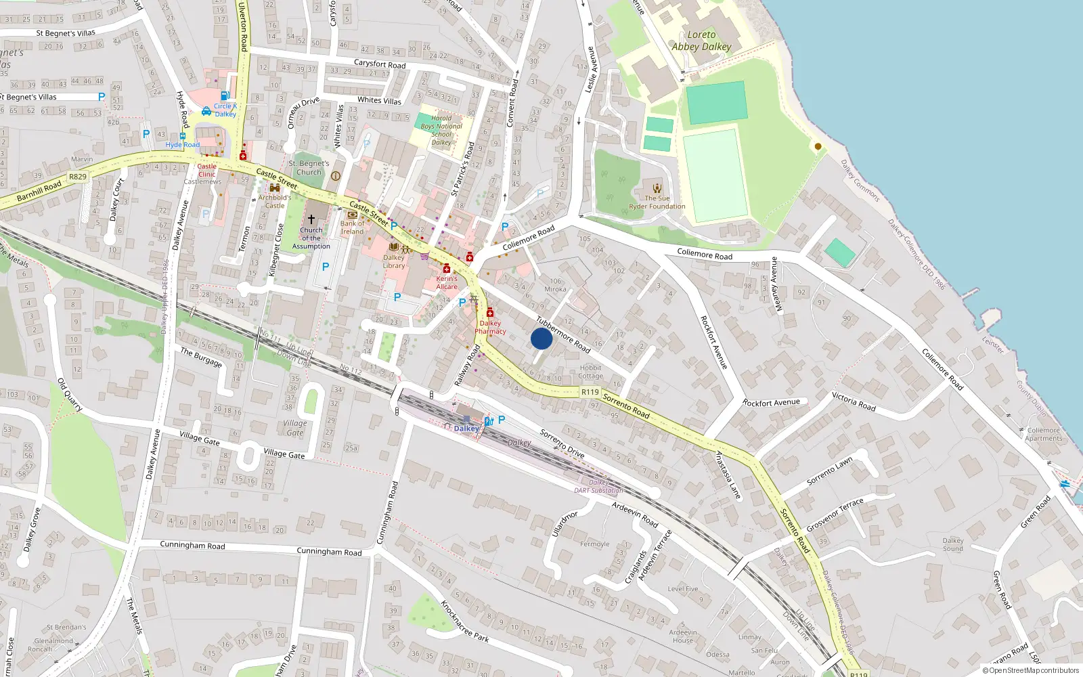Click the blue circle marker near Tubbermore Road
click(541, 338)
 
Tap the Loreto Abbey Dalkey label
click(701, 41)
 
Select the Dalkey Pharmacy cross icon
click(489, 313)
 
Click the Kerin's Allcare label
click(447, 282)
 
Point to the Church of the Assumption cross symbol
click(311, 219)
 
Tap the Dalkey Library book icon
click(393, 247)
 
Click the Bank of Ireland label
click(352, 227)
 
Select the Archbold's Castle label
click(275, 202)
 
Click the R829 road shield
click(78, 177)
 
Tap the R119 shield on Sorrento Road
click(590, 392)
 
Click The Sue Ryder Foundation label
click(657, 202)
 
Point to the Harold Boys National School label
click(441, 130)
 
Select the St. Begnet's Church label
click(309, 168)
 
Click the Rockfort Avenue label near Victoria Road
click(771, 403)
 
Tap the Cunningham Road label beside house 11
click(329, 552)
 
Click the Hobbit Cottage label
click(590, 372)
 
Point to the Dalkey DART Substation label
click(598, 487)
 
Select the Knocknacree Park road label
click(464, 621)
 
